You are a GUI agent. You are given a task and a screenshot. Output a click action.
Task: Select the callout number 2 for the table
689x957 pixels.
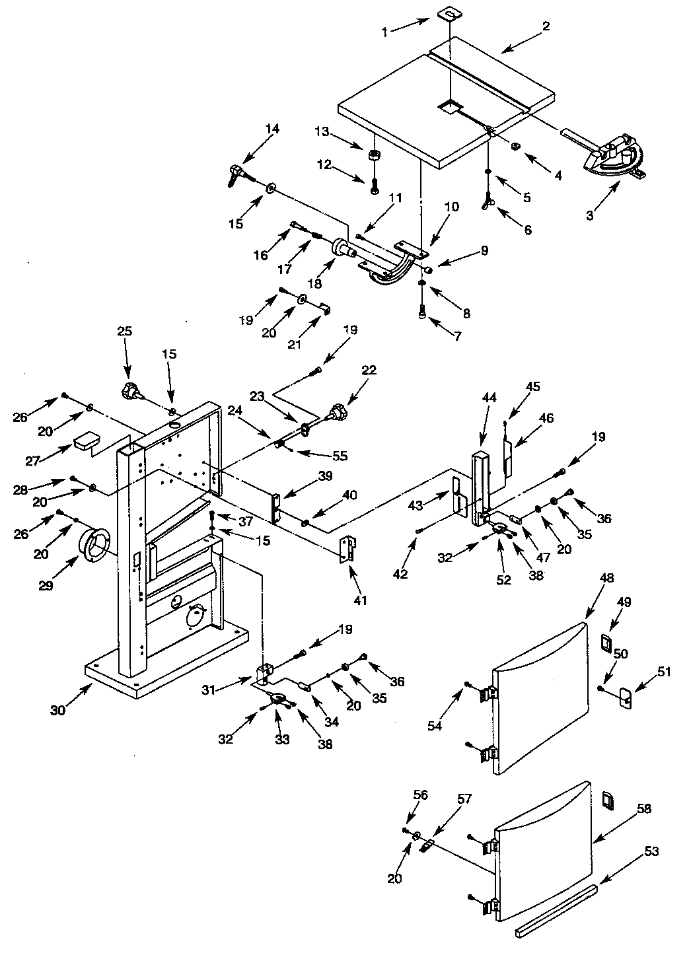[546, 27]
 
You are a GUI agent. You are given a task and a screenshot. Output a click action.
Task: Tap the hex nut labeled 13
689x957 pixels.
[373, 156]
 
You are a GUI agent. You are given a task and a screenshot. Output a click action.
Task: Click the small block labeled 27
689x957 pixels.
[87, 442]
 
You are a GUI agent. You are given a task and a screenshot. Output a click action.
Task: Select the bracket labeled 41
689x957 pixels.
[347, 549]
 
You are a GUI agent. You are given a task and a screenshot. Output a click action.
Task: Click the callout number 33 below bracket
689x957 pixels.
[282, 740]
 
